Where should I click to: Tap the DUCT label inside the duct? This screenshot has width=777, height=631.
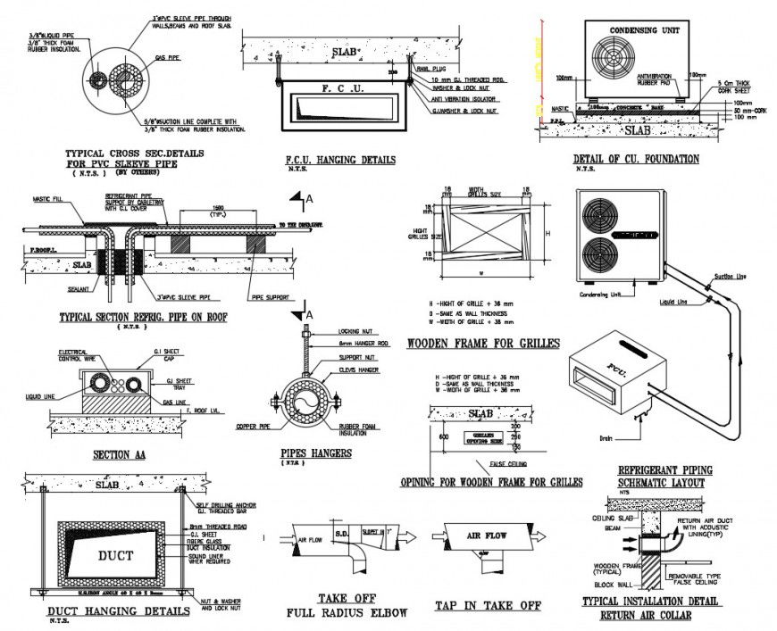[x=115, y=555]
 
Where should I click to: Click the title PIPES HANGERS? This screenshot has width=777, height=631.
[x=315, y=452]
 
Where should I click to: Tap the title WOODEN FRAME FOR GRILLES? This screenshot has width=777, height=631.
[x=482, y=344]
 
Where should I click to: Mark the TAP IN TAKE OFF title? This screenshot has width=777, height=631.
[x=488, y=605]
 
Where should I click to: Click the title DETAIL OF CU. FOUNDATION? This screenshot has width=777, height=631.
[x=636, y=159]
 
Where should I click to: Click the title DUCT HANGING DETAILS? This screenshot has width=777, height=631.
[x=117, y=611]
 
